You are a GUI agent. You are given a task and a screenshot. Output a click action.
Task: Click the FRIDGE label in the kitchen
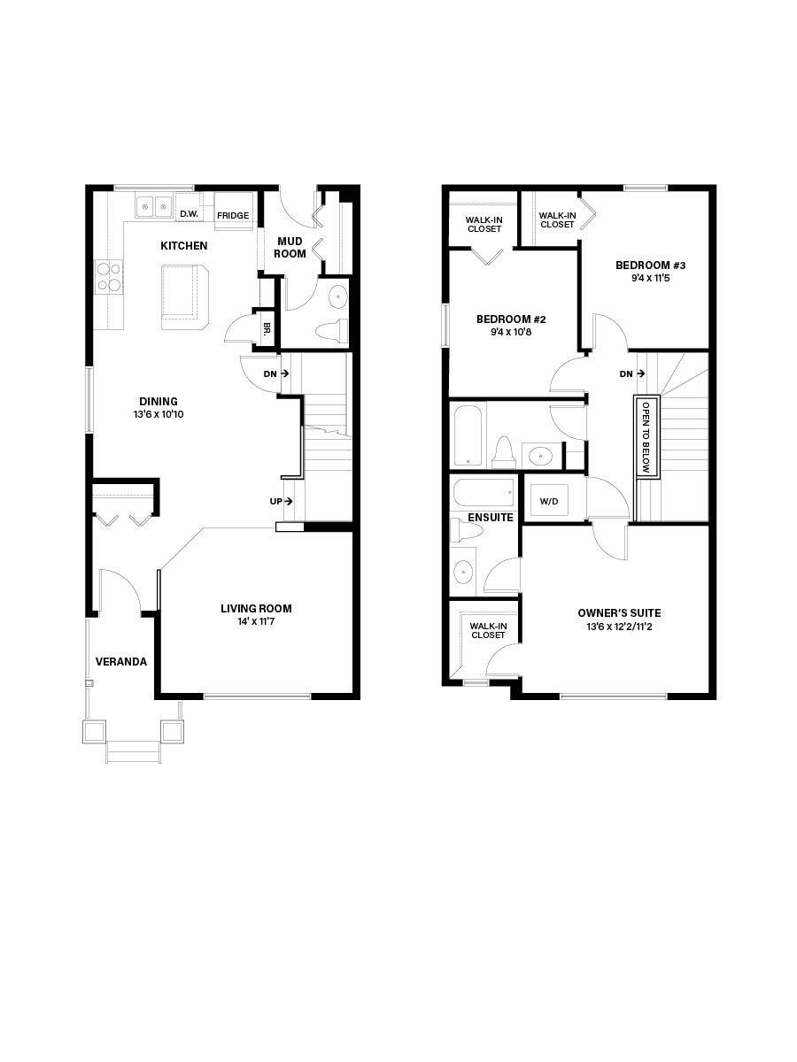coord(233,216)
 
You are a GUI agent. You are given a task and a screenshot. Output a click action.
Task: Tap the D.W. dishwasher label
coord(188,214)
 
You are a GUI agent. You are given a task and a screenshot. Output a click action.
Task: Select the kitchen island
coord(185,296)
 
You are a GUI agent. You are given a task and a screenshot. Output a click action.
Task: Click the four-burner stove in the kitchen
coord(108,276)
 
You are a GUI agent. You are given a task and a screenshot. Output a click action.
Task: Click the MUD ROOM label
coord(291,247)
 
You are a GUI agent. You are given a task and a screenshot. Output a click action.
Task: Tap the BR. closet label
coord(266,327)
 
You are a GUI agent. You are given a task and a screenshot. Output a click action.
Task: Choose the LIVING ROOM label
coord(256,608)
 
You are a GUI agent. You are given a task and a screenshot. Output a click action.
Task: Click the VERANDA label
coord(121,661)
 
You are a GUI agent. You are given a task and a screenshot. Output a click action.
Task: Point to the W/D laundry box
coord(549,500)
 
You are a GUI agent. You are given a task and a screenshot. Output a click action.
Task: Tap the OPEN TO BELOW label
coord(646,435)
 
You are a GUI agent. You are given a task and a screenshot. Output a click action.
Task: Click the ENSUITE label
coord(491,517)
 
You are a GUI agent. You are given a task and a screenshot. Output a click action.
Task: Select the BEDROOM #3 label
coord(651,265)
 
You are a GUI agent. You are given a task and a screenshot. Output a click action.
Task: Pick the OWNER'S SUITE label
coord(619,612)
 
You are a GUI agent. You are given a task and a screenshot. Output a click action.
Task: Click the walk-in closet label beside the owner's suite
coord(488,630)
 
